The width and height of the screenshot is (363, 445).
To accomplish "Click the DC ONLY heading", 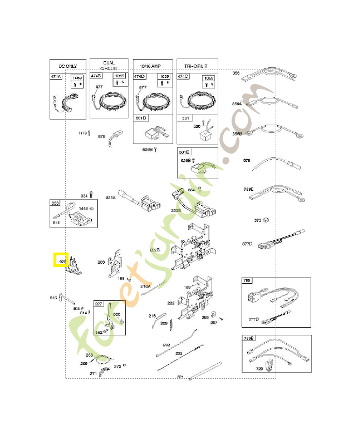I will (x=68, y=65).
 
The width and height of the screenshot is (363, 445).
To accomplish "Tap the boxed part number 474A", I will (x=56, y=76).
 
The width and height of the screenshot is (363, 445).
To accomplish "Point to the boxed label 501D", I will (x=141, y=118).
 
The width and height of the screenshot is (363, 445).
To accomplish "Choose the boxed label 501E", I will (x=184, y=152).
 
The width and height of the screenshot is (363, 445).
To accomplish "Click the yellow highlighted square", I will (x=61, y=260).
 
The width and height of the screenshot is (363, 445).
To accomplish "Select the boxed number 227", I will (x=99, y=304).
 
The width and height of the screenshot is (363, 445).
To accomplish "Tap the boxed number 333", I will (x=55, y=203).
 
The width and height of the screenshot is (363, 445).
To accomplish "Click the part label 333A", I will (x=110, y=197).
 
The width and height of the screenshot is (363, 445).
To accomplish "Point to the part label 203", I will (x=101, y=262).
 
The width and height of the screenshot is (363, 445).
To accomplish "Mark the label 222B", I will (x=154, y=250).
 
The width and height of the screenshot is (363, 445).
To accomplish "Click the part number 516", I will (x=53, y=298).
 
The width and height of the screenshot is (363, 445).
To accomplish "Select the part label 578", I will (x=247, y=161).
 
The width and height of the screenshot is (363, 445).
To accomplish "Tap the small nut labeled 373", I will (x=266, y=220).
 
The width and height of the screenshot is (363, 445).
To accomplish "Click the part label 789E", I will (x=248, y=189).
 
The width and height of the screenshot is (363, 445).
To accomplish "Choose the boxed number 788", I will (x=248, y=281).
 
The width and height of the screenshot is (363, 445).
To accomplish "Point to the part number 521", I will (x=180, y=377).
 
